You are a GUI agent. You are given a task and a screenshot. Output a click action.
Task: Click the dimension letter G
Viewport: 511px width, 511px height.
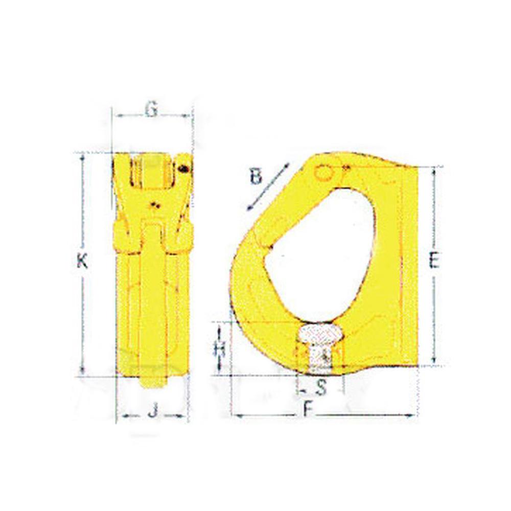[x=151, y=109]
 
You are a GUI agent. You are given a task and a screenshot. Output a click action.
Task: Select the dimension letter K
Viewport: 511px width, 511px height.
[x=82, y=261]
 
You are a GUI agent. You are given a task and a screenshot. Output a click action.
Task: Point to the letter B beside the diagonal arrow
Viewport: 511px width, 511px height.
[x=256, y=177]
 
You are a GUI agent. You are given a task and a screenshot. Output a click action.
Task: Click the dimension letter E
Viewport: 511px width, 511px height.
[x=434, y=261]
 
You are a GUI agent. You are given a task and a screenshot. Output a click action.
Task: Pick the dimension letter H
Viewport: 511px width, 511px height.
[x=220, y=349]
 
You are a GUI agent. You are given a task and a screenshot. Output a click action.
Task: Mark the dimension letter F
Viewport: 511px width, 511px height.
[x=306, y=409]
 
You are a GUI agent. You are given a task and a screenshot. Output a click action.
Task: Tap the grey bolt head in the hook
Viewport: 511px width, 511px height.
[x=321, y=335]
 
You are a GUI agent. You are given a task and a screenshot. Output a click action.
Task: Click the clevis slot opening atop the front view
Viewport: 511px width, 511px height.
[x=152, y=172]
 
